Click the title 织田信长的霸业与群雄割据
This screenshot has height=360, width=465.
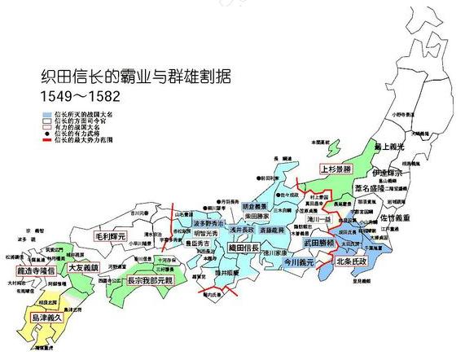135,79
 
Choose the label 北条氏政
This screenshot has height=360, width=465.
353,261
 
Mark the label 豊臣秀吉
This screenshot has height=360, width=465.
200,242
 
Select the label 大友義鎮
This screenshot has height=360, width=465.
83,266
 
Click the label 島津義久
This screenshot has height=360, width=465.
50,317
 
